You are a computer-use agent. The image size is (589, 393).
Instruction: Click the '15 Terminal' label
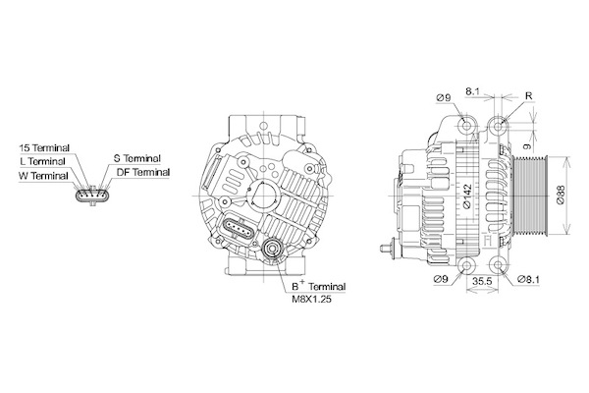click(x=44, y=147)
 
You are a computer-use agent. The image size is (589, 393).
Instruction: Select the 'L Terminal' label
click(x=42, y=161)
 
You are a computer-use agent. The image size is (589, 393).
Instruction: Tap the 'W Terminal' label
click(x=43, y=176)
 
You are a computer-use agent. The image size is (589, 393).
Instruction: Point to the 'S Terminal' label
click(x=137, y=158)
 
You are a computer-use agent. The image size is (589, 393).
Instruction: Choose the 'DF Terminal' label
click(x=143, y=172)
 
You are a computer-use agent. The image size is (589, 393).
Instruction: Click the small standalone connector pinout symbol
click(x=93, y=196)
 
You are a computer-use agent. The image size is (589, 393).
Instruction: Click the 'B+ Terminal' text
click(x=319, y=286)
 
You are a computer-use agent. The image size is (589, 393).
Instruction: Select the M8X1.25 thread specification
click(x=312, y=300)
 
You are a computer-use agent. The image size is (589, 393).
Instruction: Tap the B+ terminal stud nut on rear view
click(x=271, y=249)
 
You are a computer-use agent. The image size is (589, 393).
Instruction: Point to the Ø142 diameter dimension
click(x=466, y=196)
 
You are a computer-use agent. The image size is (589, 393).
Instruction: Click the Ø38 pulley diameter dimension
click(x=561, y=196)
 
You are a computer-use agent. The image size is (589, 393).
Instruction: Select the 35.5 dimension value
click(x=483, y=281)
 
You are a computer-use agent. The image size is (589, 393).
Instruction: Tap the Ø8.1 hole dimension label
click(x=528, y=279)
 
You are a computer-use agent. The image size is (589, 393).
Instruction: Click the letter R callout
click(x=528, y=96)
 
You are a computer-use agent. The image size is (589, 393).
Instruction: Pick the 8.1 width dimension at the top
click(x=472, y=91)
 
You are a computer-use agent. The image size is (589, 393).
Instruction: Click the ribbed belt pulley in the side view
click(x=530, y=196)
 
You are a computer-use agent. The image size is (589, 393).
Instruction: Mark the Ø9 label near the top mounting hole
click(x=444, y=98)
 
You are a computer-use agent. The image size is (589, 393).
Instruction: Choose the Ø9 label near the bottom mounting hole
click(x=441, y=279)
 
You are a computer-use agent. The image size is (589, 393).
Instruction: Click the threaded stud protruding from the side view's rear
click(x=387, y=249)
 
